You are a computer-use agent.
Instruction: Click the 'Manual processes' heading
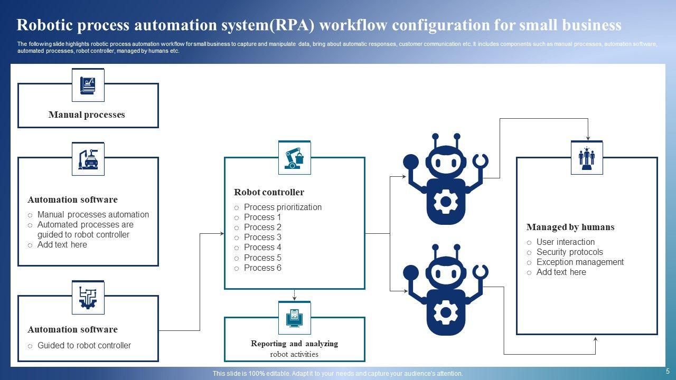point(87,115)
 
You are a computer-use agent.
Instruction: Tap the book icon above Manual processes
point(88,85)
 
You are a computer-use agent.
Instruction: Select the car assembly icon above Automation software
point(88,159)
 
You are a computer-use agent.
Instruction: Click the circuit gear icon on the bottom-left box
point(88,298)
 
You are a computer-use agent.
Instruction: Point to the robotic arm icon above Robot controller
point(294,158)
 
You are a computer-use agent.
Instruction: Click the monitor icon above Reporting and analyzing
point(294,318)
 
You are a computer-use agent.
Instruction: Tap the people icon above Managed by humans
point(587,158)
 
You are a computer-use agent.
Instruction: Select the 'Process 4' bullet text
point(262,248)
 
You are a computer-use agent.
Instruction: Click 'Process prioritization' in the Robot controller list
point(283,207)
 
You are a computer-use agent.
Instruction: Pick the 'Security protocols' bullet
point(569,252)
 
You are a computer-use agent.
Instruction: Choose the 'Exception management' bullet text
point(580,262)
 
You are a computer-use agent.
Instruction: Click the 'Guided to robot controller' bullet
point(84,345)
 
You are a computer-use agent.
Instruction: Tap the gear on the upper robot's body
point(445,201)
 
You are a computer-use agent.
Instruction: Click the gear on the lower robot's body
point(445,312)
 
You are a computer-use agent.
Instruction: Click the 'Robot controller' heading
point(269,192)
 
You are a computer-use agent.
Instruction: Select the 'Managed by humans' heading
point(570,227)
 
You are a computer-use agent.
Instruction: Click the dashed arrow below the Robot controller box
point(294,295)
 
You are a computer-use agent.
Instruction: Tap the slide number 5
point(668,371)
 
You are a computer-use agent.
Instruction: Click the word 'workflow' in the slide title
point(353,25)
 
